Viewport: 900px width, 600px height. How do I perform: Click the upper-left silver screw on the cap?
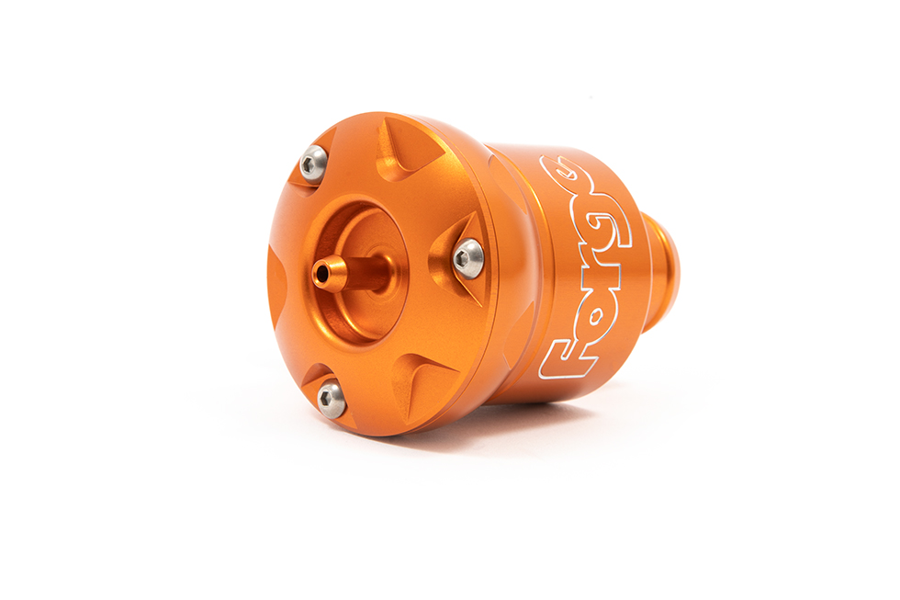[313, 164]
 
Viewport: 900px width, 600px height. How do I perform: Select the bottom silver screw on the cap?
[331, 400]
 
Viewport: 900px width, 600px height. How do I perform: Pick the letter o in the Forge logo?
[592, 318]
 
